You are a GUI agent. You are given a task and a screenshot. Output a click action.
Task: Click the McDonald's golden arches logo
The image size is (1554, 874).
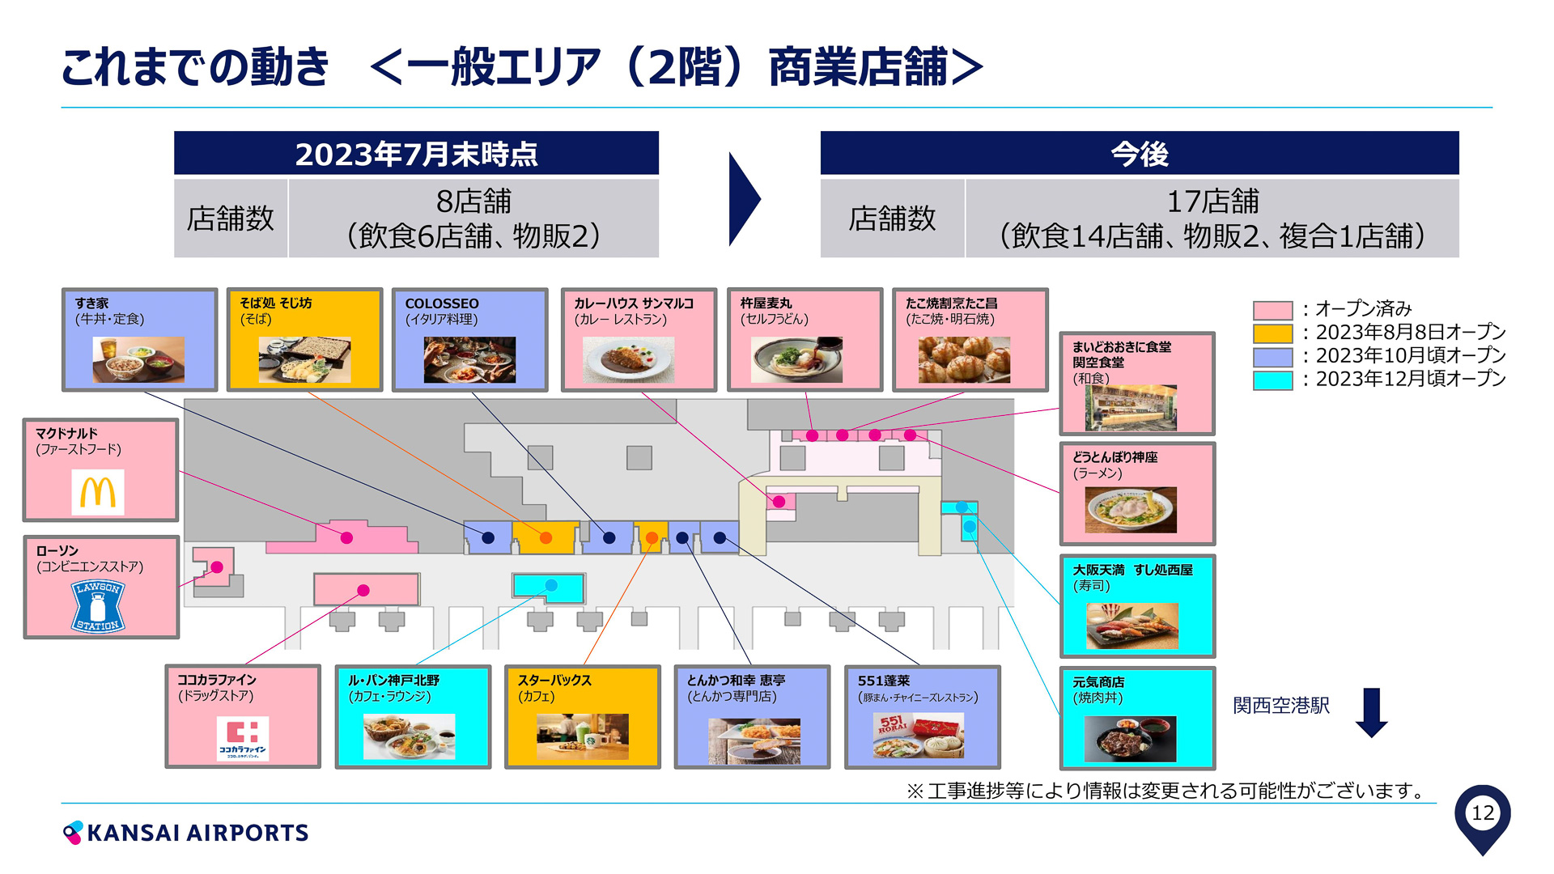pyautogui.click(x=98, y=492)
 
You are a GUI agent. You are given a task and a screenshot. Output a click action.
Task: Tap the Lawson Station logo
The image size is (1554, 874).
pyautogui.click(x=98, y=605)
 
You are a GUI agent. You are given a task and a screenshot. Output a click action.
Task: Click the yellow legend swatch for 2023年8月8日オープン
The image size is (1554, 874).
pyautogui.click(x=1272, y=333)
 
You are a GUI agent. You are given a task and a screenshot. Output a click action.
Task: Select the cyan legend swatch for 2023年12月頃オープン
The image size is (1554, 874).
pyautogui.click(x=1272, y=380)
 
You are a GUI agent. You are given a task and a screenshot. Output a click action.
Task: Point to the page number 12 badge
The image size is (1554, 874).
pyautogui.click(x=1482, y=813)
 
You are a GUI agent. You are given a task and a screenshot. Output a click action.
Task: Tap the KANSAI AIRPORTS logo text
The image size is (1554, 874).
pyautogui.click(x=197, y=833)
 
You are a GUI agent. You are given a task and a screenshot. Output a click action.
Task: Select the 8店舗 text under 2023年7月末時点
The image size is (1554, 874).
pyautogui.click(x=473, y=201)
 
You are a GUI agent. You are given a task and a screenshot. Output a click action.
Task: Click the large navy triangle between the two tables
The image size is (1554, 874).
pyautogui.click(x=743, y=199)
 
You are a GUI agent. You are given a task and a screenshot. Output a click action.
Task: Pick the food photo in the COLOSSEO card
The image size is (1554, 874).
pyautogui.click(x=469, y=359)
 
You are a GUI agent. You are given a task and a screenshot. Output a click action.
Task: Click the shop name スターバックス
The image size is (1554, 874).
pyautogui.click(x=554, y=681)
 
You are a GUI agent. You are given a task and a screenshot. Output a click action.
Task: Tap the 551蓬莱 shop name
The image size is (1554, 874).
pyautogui.click(x=883, y=681)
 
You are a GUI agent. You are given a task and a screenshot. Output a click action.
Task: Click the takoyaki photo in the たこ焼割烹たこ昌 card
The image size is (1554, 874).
pyautogui.click(x=964, y=359)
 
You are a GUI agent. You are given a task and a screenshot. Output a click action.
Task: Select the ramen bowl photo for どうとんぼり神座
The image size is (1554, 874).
pyautogui.click(x=1131, y=509)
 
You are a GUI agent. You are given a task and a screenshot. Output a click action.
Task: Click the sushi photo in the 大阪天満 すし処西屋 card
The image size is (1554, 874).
pyautogui.click(x=1132, y=626)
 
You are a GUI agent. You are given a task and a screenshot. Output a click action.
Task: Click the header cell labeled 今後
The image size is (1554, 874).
pyautogui.click(x=1139, y=153)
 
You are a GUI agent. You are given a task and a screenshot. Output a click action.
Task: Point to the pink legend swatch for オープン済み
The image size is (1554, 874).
pyautogui.click(x=1272, y=310)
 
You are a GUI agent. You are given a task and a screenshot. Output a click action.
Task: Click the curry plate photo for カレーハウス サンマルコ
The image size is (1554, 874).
pyautogui.click(x=628, y=359)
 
